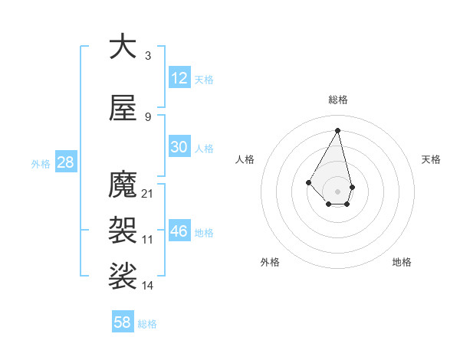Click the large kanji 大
pos(122,47)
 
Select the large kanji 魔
pos(122,185)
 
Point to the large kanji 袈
pos(122,227)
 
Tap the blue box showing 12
pos(179,78)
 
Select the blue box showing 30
pos(179,147)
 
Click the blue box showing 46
pos(179,231)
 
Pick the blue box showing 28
pos(65,162)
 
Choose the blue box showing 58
pos(123,322)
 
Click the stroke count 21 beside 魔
pos(148,194)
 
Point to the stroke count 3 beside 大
pos(148,56)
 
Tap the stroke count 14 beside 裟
pos(148,286)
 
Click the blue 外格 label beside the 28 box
pos(41,164)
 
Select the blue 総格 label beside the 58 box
pos(147,324)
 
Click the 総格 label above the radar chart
pos(338,100)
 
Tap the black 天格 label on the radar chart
pos(431,159)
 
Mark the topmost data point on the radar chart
pos(338,129)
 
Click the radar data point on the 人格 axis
pos(309,182)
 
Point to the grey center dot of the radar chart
pos(338,191)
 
